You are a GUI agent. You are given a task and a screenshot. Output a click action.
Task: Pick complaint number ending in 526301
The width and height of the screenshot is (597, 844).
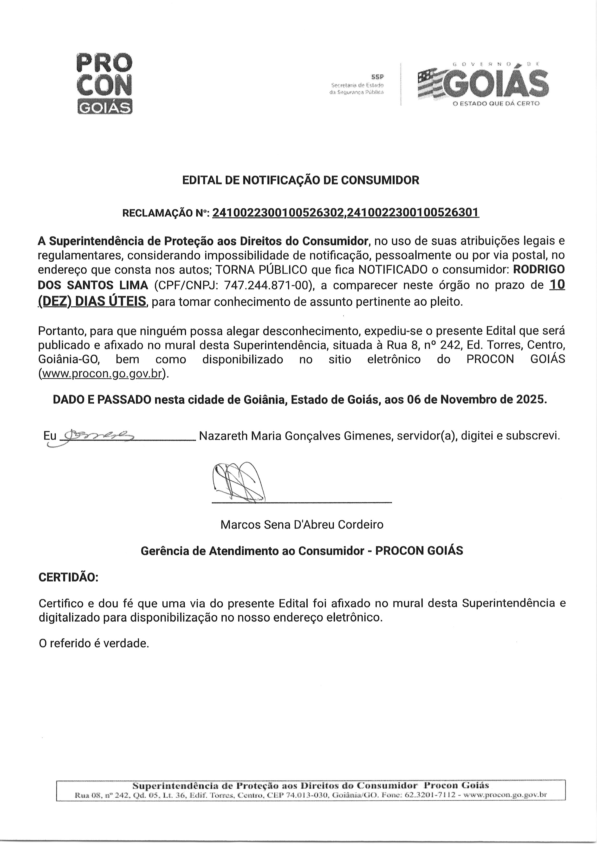click(413, 212)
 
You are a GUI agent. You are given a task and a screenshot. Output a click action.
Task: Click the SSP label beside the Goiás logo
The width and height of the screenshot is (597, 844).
click(377, 77)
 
